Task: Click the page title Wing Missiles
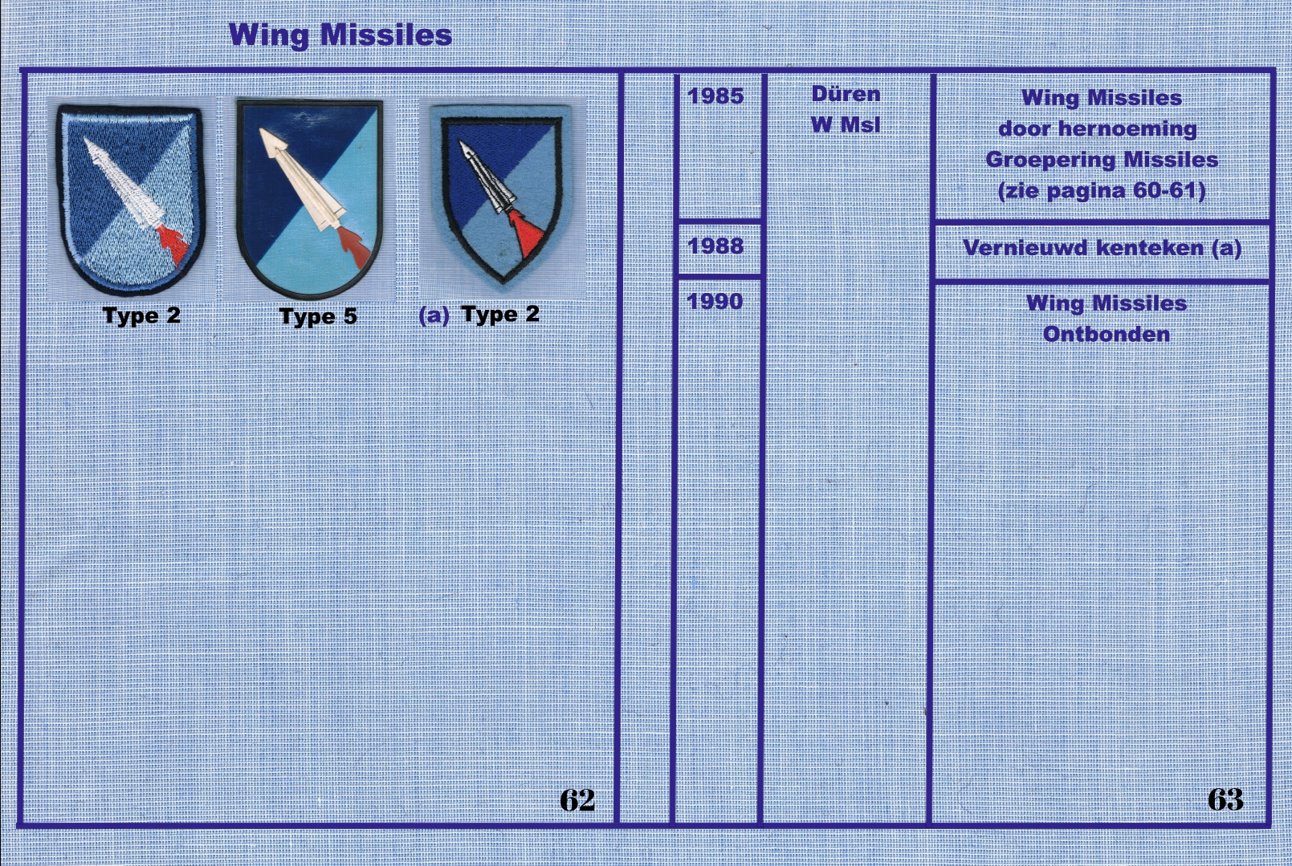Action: coord(340,35)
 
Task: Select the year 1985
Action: coord(715,96)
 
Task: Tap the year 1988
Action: coord(715,246)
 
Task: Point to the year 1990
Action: coord(715,302)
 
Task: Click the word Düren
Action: coord(846,94)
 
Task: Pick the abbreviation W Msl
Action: coord(846,124)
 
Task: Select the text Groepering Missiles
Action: coord(1102,160)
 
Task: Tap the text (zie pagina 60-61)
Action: coord(1102,191)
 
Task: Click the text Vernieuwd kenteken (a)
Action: coord(1102,248)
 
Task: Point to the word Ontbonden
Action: coord(1107,335)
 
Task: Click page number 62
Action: coord(577,799)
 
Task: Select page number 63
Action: coord(1225,799)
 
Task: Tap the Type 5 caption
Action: coord(319,316)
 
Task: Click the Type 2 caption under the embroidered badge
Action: coord(142,315)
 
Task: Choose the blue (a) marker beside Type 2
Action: coord(433,315)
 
